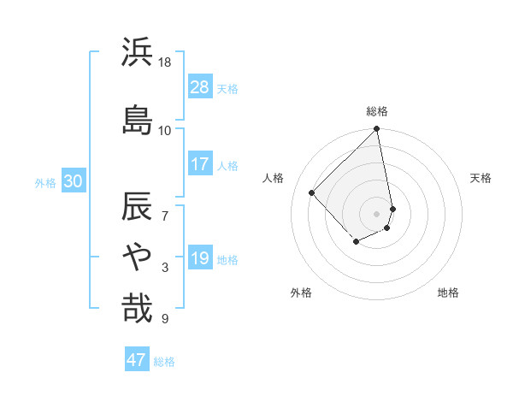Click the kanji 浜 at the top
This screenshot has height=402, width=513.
(136, 53)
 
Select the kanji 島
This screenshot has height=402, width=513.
(136, 120)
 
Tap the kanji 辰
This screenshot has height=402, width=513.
(136, 208)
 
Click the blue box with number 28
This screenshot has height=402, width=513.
(200, 87)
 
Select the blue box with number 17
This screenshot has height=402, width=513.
(200, 164)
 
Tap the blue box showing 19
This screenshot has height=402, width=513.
(200, 258)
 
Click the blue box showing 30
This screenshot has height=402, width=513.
(73, 181)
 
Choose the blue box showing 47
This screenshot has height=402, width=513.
(137, 360)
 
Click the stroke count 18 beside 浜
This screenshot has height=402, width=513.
(165, 62)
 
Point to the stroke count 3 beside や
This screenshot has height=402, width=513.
(165, 268)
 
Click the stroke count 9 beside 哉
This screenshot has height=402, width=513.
(165, 319)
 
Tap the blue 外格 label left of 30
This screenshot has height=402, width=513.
(45, 182)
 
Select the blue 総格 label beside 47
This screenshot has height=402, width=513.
(164, 362)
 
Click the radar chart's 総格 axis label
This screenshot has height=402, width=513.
(377, 112)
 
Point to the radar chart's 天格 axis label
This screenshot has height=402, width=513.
(481, 178)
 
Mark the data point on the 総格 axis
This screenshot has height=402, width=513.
(377, 130)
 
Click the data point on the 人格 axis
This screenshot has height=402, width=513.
(312, 192)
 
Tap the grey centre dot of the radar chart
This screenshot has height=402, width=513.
(377, 214)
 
